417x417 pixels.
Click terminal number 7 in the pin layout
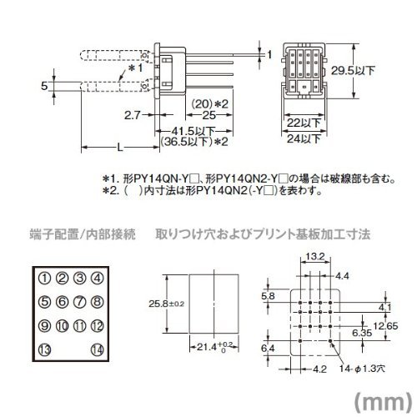[80, 302]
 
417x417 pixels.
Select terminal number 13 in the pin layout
[45, 349]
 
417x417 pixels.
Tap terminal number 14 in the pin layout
[98, 349]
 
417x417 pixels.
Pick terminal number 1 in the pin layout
[45, 278]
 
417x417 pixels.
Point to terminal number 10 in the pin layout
[63, 326]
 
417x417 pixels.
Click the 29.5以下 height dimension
[353, 71]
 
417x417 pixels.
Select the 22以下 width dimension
[304, 123]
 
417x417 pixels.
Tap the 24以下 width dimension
[304, 138]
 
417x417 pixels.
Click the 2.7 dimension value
[132, 115]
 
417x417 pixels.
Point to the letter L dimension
[120, 148]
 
